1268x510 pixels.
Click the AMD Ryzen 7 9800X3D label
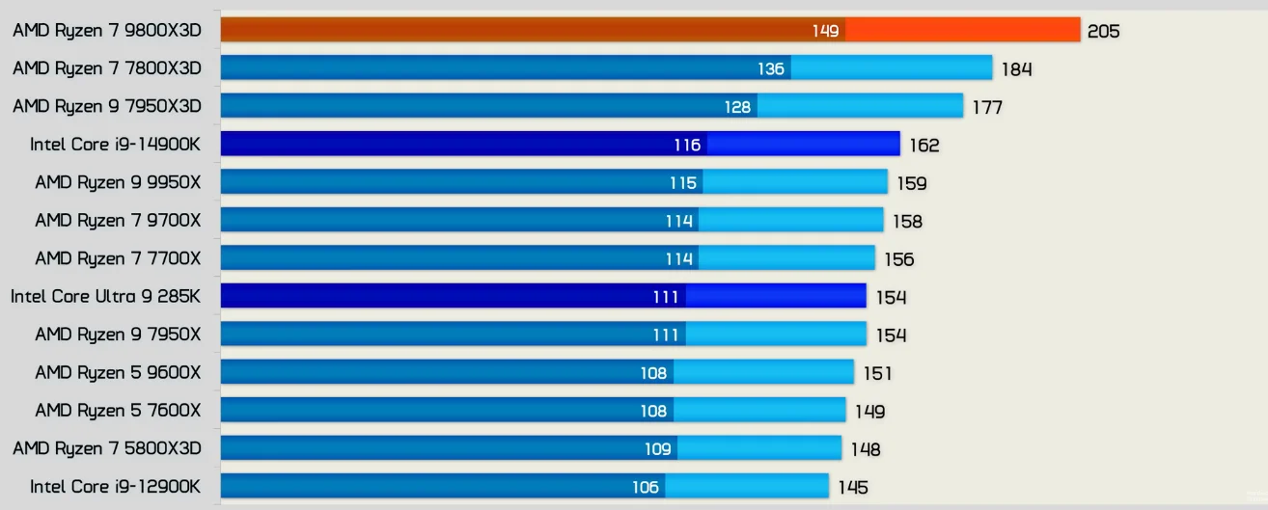107,30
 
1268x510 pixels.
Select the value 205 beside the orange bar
1103,31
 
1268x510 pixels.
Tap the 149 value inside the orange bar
825,31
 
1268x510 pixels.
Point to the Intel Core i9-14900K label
115,145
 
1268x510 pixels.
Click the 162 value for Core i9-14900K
923,146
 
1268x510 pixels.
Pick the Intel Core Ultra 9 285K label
106,296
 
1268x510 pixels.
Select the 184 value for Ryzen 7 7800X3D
1016,69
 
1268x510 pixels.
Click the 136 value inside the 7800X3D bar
771,69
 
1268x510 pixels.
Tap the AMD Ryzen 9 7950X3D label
107,106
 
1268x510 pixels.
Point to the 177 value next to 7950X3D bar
987,107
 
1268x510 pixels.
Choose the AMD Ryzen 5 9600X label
118,372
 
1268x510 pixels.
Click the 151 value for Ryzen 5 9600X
877,373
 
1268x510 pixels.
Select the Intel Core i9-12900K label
115,486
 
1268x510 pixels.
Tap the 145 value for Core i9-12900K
852,487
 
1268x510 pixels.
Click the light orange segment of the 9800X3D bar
962,30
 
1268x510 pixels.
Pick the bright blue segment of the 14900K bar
803,145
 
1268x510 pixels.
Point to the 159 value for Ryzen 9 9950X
912,183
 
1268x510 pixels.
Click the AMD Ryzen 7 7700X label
118,258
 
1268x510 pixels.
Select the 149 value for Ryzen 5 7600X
869,412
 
